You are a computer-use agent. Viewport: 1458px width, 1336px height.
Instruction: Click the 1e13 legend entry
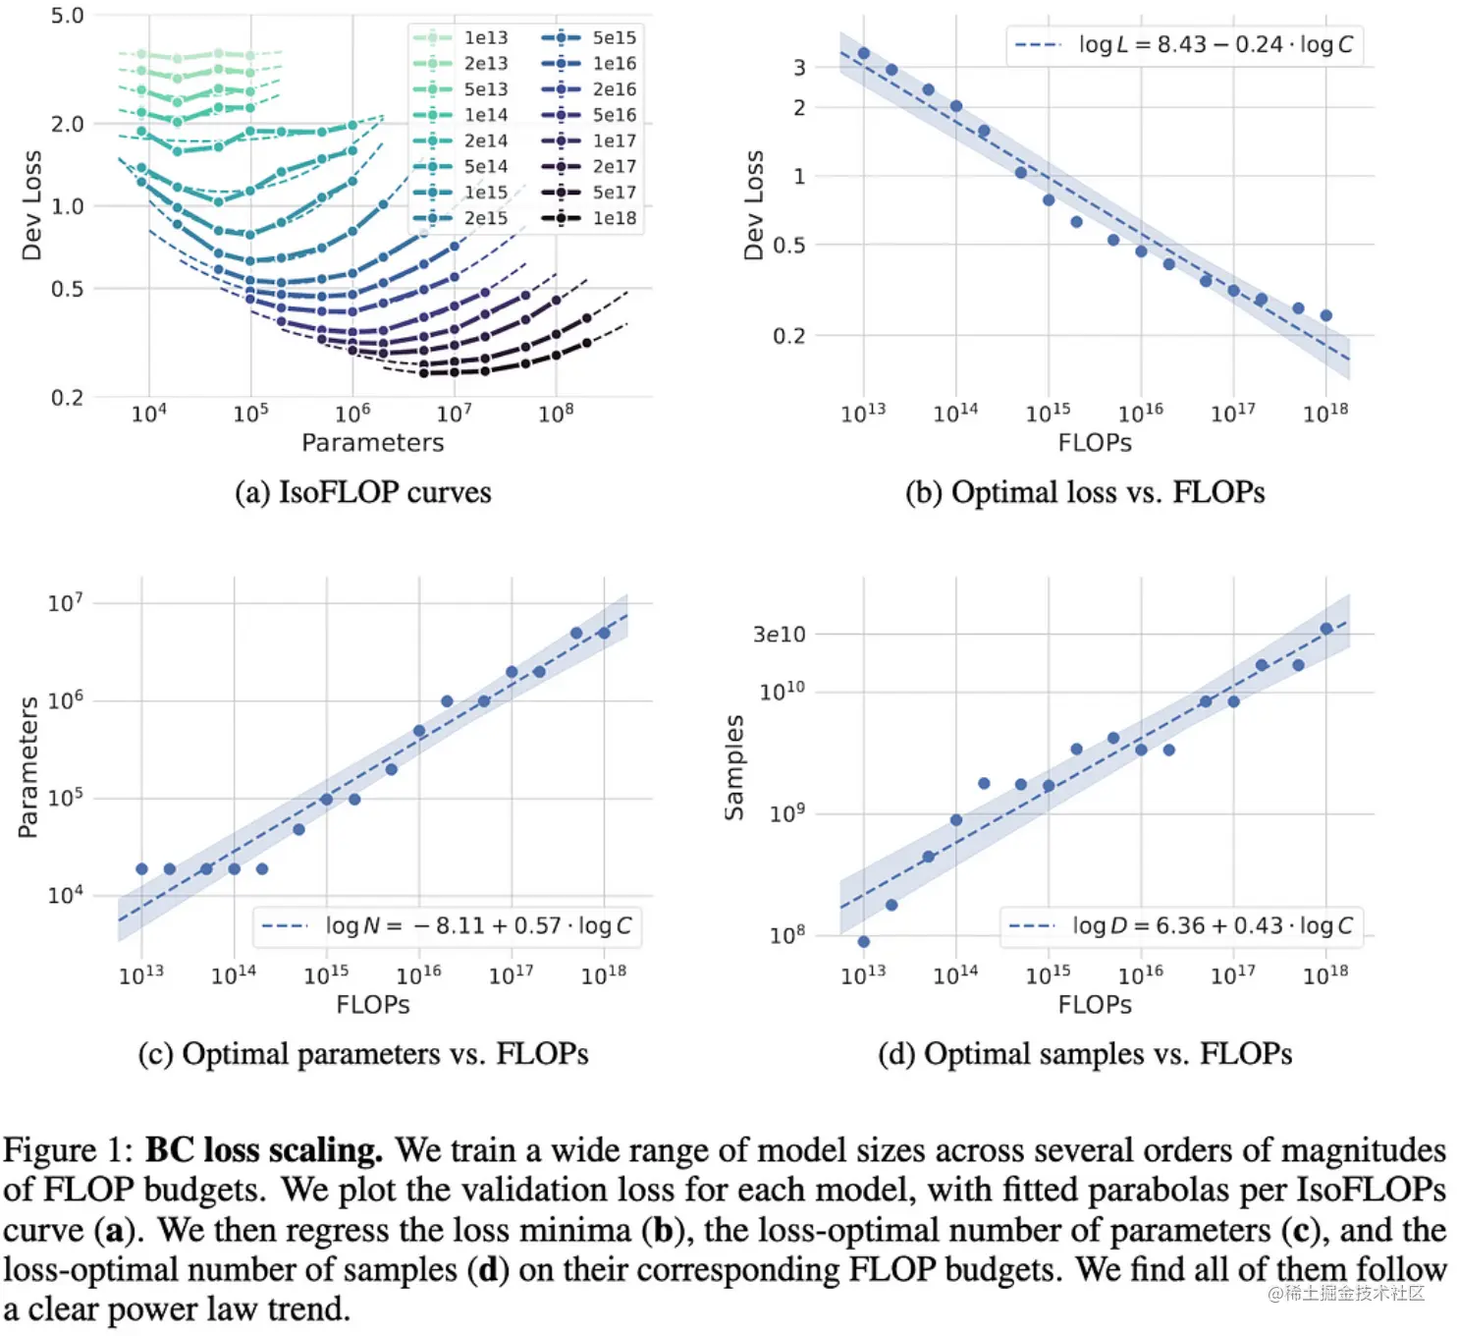click(x=485, y=37)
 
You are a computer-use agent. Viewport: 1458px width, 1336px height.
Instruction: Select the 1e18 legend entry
click(x=614, y=218)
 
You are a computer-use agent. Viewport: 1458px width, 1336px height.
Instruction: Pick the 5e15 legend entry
click(x=614, y=37)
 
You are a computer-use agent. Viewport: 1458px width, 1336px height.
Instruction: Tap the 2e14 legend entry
click(x=485, y=140)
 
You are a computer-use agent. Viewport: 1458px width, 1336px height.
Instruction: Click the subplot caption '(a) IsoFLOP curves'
click(x=362, y=492)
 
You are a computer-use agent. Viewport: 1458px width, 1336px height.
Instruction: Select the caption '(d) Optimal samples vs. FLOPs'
click(x=1084, y=1054)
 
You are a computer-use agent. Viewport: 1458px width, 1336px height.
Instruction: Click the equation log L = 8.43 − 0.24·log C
click(x=1215, y=44)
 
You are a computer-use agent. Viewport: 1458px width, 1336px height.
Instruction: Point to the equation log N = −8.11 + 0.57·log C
click(x=478, y=925)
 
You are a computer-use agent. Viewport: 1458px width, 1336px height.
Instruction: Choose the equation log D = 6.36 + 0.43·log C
click(x=1212, y=925)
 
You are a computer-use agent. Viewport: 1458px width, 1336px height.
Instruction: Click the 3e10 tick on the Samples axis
click(x=779, y=635)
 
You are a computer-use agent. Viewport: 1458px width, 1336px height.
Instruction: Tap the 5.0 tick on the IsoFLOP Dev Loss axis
click(x=67, y=16)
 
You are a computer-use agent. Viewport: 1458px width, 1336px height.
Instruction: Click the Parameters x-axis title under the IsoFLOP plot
click(x=372, y=443)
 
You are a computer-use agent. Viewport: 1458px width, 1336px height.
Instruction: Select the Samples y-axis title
click(x=734, y=767)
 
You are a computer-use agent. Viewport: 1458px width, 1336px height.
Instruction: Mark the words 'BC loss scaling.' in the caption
click(x=263, y=1150)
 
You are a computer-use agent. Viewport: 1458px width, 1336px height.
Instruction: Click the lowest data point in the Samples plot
click(x=863, y=941)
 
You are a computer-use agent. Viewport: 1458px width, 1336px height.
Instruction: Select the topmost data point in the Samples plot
click(x=1325, y=629)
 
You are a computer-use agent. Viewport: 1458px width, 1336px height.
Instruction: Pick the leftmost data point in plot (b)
click(x=863, y=54)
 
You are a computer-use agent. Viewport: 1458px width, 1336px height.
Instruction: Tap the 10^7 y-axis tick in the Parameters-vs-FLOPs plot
click(x=66, y=602)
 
